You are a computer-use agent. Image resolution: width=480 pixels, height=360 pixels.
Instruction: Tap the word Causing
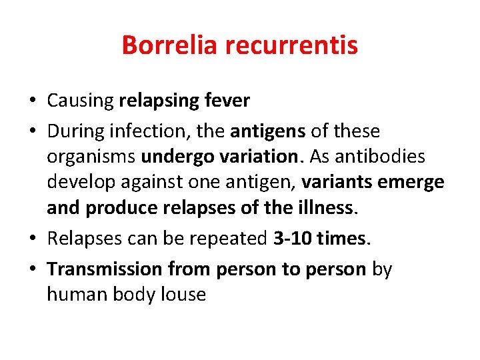[x=80, y=101]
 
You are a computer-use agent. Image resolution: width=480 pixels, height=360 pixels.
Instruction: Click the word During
[x=76, y=132]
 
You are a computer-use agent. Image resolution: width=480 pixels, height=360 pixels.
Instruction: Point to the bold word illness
[x=325, y=208]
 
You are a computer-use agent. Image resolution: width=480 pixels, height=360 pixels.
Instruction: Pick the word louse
[x=182, y=294]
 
